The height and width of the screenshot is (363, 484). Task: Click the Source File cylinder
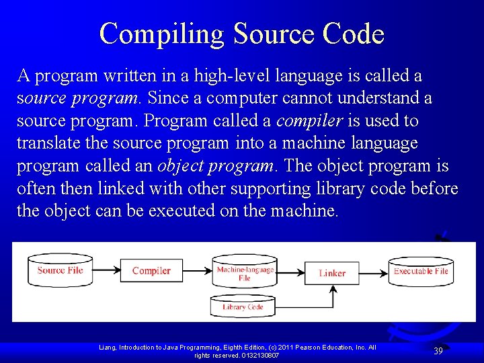pos(61,270)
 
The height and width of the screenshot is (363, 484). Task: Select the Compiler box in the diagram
pos(151,271)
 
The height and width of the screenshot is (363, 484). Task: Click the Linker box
pos(332,273)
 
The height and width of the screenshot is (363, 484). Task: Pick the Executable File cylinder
pos(421,271)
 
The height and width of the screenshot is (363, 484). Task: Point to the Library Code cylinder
pos(243,307)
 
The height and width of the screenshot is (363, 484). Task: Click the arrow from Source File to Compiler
pos(106,271)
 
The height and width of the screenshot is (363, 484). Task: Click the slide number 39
pos(438,351)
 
